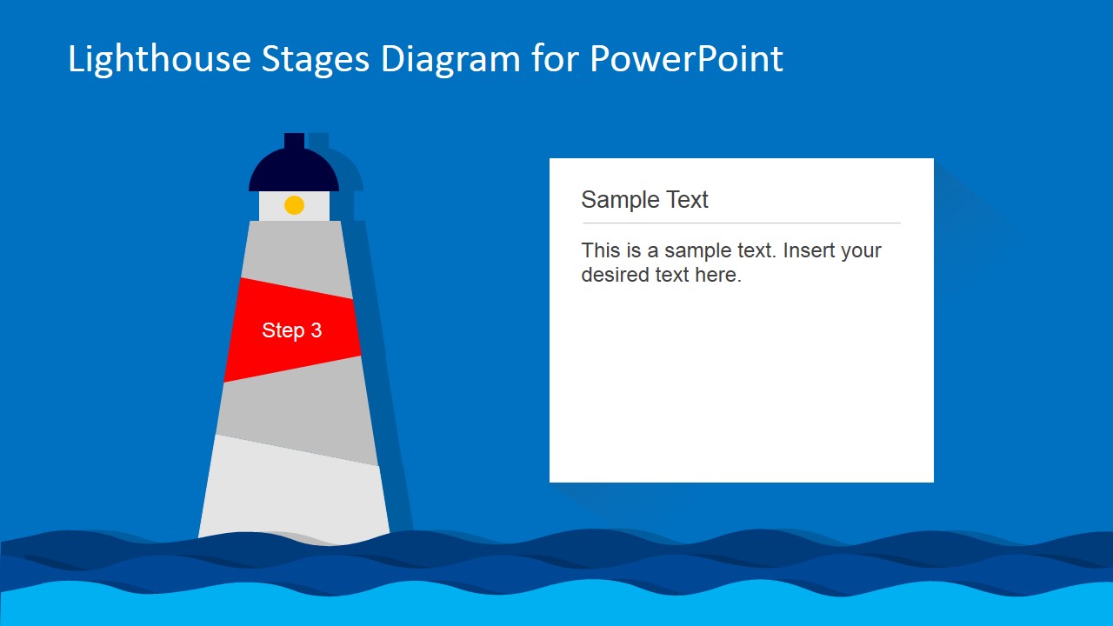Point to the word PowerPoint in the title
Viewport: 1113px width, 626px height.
(686, 59)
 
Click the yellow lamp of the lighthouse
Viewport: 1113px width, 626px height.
(294, 205)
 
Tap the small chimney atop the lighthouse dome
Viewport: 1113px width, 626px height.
(294, 141)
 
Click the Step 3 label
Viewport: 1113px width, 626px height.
(292, 330)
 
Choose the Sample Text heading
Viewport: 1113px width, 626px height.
(644, 200)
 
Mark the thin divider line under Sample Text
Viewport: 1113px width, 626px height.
(740, 223)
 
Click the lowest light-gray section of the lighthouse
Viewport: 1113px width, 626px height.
(294, 496)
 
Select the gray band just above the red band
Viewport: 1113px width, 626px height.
(296, 252)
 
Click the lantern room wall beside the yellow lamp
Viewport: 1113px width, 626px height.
(271, 206)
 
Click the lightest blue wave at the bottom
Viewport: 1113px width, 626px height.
(556, 609)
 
